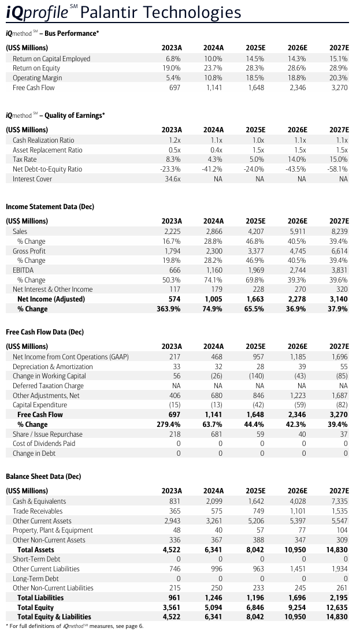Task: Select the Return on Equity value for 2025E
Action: (x=255, y=68)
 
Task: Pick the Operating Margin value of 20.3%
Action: (x=339, y=78)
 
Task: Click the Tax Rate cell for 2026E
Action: (x=298, y=159)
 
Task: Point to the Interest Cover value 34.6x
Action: (x=172, y=179)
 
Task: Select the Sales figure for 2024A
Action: (x=214, y=232)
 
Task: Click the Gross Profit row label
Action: (x=29, y=251)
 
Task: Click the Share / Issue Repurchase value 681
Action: (x=216, y=434)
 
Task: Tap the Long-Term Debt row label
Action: (x=36, y=578)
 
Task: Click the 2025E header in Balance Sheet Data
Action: (x=255, y=491)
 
